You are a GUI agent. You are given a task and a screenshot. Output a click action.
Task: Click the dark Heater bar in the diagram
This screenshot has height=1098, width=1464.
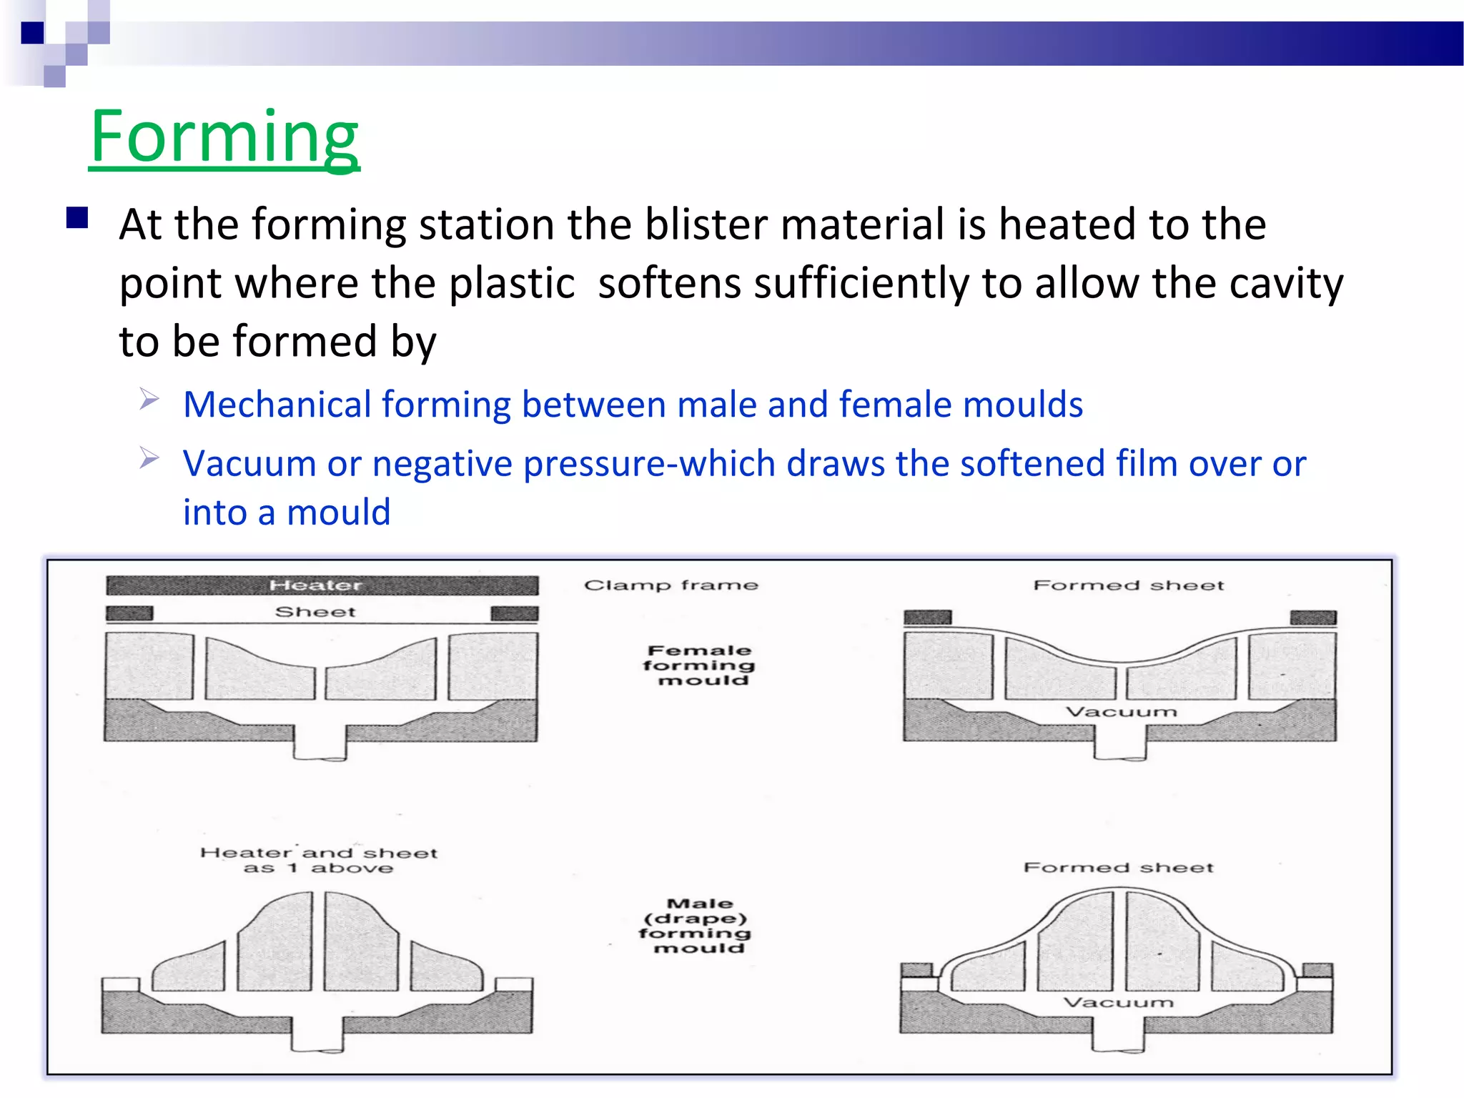(x=322, y=585)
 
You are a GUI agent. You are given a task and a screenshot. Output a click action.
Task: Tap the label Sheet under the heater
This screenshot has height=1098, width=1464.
(x=315, y=612)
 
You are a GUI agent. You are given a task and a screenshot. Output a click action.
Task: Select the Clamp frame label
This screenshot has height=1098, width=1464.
(x=671, y=585)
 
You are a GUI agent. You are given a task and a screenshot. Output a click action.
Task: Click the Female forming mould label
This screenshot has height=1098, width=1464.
(x=699, y=666)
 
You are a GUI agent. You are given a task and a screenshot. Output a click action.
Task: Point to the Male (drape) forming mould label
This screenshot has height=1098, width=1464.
(x=696, y=926)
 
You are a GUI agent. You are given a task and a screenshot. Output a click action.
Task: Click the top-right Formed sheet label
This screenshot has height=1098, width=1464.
(x=1129, y=585)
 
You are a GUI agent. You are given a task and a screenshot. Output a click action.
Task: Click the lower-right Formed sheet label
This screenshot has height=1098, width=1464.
(x=1119, y=868)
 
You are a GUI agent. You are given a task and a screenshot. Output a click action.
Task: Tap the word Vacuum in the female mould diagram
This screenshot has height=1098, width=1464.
(x=1121, y=712)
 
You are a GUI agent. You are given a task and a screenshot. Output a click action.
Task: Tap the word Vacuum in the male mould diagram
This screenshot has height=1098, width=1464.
(x=1119, y=1003)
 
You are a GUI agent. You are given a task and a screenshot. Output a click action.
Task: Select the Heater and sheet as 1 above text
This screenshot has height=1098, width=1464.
(x=319, y=860)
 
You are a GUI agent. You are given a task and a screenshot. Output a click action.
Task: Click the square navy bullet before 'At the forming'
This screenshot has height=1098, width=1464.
(x=77, y=218)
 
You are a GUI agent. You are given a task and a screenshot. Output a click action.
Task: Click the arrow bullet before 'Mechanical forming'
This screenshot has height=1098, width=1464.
(x=149, y=398)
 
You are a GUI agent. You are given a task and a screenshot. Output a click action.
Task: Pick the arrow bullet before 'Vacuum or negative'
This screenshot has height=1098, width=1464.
(x=149, y=457)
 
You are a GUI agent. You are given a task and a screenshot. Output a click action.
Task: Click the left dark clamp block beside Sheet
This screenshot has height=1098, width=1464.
(x=129, y=613)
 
